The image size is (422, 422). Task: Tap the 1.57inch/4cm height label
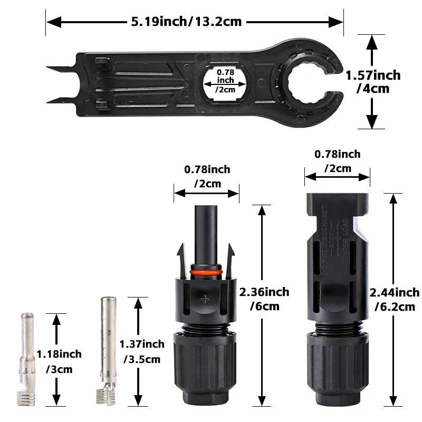coord(373,82)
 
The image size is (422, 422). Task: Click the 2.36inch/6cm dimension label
coord(264,299)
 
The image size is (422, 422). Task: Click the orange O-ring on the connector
coord(206,273)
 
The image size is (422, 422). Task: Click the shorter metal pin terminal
coord(26,359)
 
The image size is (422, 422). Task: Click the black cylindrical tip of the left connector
coord(206,227)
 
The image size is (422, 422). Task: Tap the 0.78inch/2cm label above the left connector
coord(207,177)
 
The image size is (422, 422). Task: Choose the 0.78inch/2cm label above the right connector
coord(338,161)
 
